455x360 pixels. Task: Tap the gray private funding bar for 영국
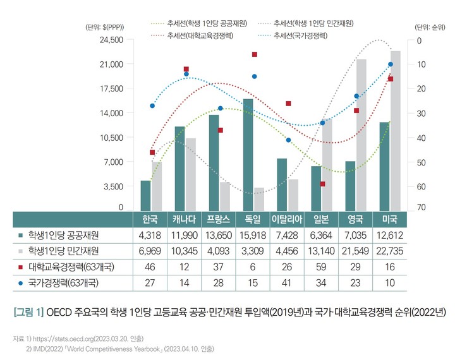[x=361, y=135]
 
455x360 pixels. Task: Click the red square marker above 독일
[x=255, y=55]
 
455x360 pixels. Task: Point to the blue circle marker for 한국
[x=152, y=105]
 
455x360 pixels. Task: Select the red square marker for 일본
[x=322, y=184]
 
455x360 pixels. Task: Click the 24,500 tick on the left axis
[x=111, y=40]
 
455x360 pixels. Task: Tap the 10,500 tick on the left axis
[x=111, y=137]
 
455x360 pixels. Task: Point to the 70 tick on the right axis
[x=419, y=208]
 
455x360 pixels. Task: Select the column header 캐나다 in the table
[x=183, y=220]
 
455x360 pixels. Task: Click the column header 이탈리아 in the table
[x=288, y=220]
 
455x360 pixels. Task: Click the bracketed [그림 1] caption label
[x=28, y=312]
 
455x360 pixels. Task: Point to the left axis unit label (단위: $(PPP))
[x=104, y=27]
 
